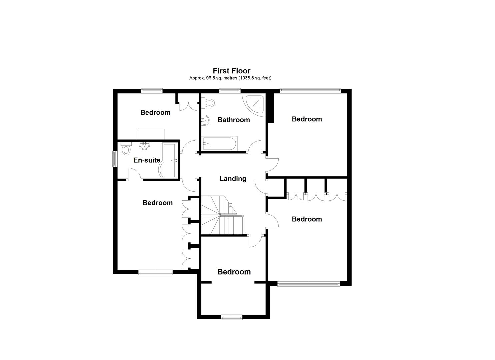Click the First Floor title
pos(231,71)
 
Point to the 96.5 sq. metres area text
pos(230,78)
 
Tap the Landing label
pos(233,179)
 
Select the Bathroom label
pos(233,120)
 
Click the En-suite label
pos(147,160)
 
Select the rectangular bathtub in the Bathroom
pos(219,144)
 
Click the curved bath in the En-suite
pos(169,160)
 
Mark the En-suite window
pos(115,159)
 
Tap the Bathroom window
pos(230,90)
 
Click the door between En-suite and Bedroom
pos(135,174)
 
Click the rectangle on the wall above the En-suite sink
pos(151,134)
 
